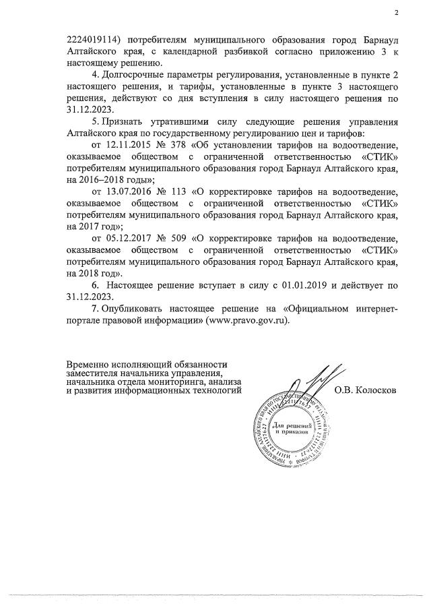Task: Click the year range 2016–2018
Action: tap(110, 179)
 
